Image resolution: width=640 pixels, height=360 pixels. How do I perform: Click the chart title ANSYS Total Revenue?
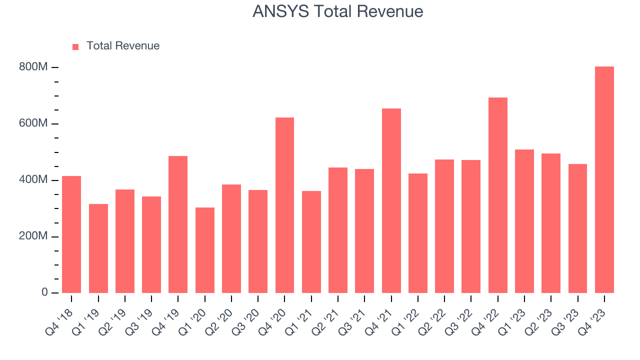coord(337,11)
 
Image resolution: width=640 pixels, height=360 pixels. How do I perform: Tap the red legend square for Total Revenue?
coord(75,46)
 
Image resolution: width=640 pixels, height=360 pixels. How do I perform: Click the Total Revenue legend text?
coord(122,46)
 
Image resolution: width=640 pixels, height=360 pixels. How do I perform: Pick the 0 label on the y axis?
coord(44,292)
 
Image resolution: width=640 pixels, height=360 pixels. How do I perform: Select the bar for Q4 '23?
coord(604,180)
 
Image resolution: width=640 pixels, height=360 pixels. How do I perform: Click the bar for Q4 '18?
coord(71,234)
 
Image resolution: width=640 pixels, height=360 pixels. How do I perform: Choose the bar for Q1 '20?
coord(204,250)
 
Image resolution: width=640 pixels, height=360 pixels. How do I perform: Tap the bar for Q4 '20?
coord(284,205)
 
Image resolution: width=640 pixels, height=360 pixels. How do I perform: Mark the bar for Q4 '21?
coord(391,200)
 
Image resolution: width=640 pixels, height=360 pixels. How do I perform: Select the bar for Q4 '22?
coord(497,195)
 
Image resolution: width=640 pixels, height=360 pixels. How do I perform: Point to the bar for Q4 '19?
coord(178,224)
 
